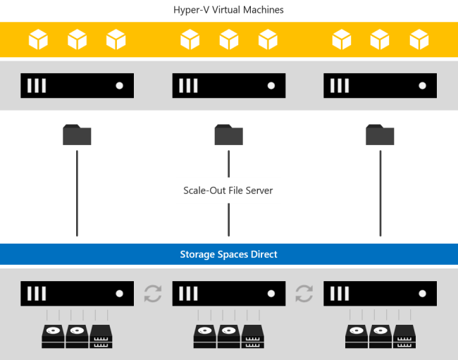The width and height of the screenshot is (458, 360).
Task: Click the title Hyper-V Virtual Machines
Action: click(x=228, y=10)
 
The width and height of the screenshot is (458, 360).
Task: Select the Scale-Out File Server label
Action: click(x=228, y=190)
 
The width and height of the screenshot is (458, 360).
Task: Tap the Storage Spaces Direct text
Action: click(x=228, y=254)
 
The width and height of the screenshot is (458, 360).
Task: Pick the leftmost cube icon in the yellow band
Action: click(x=38, y=39)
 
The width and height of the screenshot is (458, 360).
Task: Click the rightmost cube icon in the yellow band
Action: click(x=419, y=39)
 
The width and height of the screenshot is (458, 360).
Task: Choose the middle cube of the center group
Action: click(x=229, y=39)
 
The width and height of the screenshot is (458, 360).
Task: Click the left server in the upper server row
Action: click(x=77, y=85)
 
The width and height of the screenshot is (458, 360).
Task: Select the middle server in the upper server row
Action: click(x=228, y=85)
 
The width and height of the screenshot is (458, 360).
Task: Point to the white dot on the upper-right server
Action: click(x=422, y=85)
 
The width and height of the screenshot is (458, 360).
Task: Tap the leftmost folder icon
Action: click(x=77, y=135)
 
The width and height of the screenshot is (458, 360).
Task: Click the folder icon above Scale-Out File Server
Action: click(x=228, y=135)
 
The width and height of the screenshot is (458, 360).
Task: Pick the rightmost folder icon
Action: click(x=380, y=135)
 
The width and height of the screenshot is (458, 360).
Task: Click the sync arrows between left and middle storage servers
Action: click(x=153, y=293)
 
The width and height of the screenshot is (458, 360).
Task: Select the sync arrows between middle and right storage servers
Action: click(x=304, y=293)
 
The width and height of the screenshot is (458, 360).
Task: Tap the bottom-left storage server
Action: click(x=77, y=293)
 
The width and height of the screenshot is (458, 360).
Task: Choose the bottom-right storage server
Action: click(x=380, y=293)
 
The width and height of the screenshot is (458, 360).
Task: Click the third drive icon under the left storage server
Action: click(x=101, y=336)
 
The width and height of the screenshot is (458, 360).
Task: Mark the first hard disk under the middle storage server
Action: click(x=205, y=336)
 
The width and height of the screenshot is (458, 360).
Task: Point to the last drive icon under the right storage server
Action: click(x=404, y=336)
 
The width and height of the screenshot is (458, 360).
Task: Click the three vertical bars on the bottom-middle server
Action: click(x=188, y=293)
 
